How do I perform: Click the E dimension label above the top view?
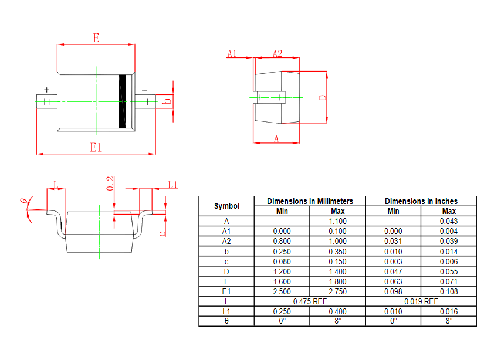pyautogui.click(x=96, y=38)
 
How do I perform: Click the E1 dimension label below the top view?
pyautogui.click(x=96, y=147)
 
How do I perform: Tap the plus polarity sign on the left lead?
pyautogui.click(x=47, y=90)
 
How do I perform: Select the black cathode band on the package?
pyautogui.click(x=122, y=101)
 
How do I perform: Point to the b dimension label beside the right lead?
pyautogui.click(x=167, y=101)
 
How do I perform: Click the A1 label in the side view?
pyautogui.click(x=232, y=53)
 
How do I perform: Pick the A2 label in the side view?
pyautogui.click(x=278, y=53)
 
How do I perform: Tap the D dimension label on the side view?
pyautogui.click(x=322, y=97)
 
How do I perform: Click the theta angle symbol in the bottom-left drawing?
pyautogui.click(x=23, y=201)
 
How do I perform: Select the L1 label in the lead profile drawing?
pyautogui.click(x=172, y=185)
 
